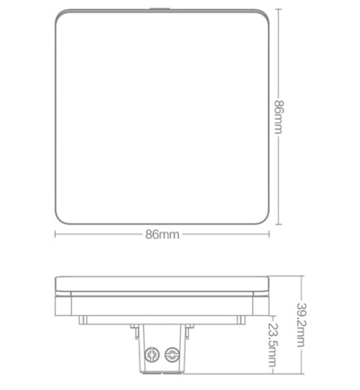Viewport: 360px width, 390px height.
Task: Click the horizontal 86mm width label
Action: click(162, 235)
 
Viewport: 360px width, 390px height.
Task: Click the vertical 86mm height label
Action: click(279, 117)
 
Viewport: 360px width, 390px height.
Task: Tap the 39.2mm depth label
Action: click(301, 325)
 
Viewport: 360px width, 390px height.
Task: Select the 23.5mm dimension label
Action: click(273, 345)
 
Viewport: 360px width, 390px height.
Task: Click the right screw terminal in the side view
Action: click(172, 354)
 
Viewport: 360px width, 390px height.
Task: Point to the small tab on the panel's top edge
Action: click(159, 9)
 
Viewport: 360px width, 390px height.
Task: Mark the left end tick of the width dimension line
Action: click(55, 234)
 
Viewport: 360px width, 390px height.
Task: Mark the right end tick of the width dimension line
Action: click(269, 234)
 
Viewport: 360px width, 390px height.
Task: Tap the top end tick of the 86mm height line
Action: click(279, 9)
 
